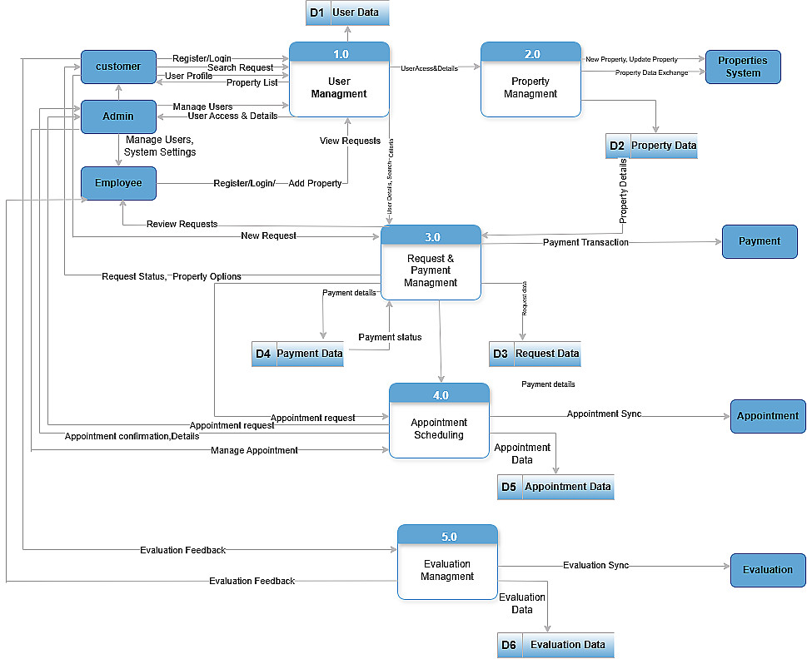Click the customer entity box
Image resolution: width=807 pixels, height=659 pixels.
(x=118, y=67)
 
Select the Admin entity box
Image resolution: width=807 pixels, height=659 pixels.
(x=118, y=116)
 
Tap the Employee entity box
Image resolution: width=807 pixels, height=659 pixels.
(x=118, y=183)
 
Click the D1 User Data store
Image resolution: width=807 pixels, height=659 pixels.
(x=347, y=12)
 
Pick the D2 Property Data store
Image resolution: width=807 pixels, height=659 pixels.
(x=651, y=146)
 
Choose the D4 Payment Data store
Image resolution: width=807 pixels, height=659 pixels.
(x=297, y=354)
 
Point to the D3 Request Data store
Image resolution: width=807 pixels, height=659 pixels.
(x=535, y=354)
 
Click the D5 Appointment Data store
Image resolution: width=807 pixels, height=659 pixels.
(x=555, y=487)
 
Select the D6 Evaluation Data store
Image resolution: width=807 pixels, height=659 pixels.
(x=555, y=645)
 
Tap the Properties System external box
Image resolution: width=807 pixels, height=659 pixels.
(x=743, y=67)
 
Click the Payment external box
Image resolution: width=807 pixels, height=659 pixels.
(x=760, y=241)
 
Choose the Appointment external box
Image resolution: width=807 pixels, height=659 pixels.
(x=768, y=416)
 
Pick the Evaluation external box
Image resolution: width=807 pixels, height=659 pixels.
(x=768, y=570)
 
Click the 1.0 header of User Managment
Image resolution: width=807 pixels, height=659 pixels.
(x=340, y=54)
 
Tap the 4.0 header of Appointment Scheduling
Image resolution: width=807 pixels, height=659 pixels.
(x=440, y=395)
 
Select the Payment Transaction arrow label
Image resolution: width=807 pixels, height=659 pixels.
(x=585, y=242)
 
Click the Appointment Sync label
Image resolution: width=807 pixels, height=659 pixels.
(x=604, y=414)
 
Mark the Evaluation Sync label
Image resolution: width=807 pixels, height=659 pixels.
(x=595, y=566)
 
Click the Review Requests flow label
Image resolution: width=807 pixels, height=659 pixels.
(x=182, y=224)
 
